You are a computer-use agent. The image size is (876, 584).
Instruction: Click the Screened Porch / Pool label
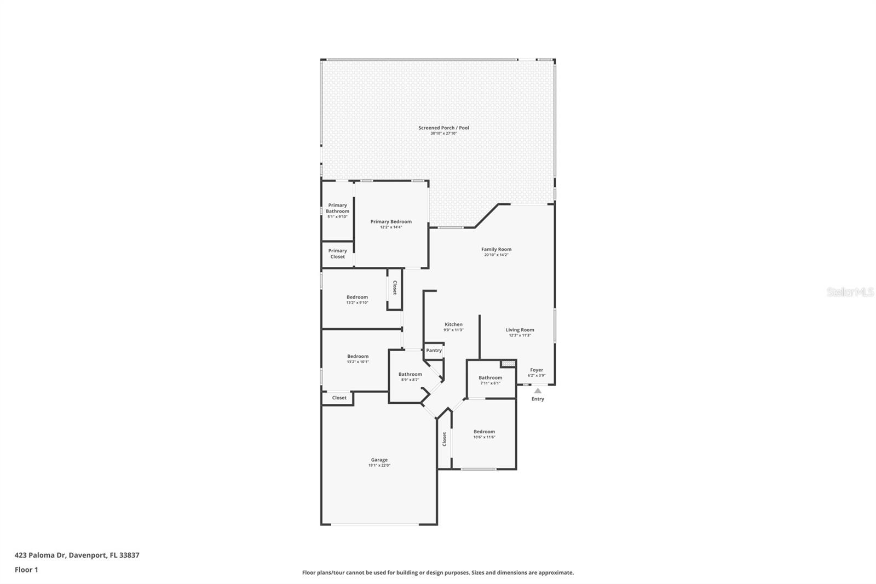(x=443, y=128)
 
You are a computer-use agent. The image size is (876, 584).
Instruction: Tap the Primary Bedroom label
(x=391, y=222)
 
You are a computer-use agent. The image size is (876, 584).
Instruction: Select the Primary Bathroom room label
(x=337, y=208)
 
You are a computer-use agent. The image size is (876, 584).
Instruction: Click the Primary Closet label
(x=337, y=254)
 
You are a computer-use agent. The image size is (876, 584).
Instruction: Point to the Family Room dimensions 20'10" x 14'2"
(x=496, y=255)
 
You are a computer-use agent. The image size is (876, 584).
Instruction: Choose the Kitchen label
(x=453, y=324)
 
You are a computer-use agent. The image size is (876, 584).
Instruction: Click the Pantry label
(x=434, y=351)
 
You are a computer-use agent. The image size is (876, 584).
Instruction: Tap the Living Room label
(x=520, y=330)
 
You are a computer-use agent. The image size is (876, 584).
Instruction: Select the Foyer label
(x=537, y=370)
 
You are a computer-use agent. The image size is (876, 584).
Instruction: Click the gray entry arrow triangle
(x=538, y=391)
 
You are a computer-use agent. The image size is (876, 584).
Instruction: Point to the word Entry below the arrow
(x=538, y=399)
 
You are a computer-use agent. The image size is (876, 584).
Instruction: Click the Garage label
(x=379, y=460)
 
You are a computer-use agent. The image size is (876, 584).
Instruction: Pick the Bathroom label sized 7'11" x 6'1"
(x=490, y=377)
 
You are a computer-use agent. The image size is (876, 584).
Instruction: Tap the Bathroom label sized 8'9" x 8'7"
(x=410, y=374)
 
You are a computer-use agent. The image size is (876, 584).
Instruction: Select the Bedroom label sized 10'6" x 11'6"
(x=484, y=432)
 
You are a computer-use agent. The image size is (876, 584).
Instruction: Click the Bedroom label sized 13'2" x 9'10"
(x=357, y=297)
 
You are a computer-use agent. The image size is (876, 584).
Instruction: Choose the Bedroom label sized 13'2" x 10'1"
(x=358, y=356)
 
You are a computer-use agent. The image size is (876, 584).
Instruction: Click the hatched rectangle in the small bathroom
(x=509, y=363)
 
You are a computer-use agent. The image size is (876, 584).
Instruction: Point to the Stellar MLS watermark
(x=850, y=293)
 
